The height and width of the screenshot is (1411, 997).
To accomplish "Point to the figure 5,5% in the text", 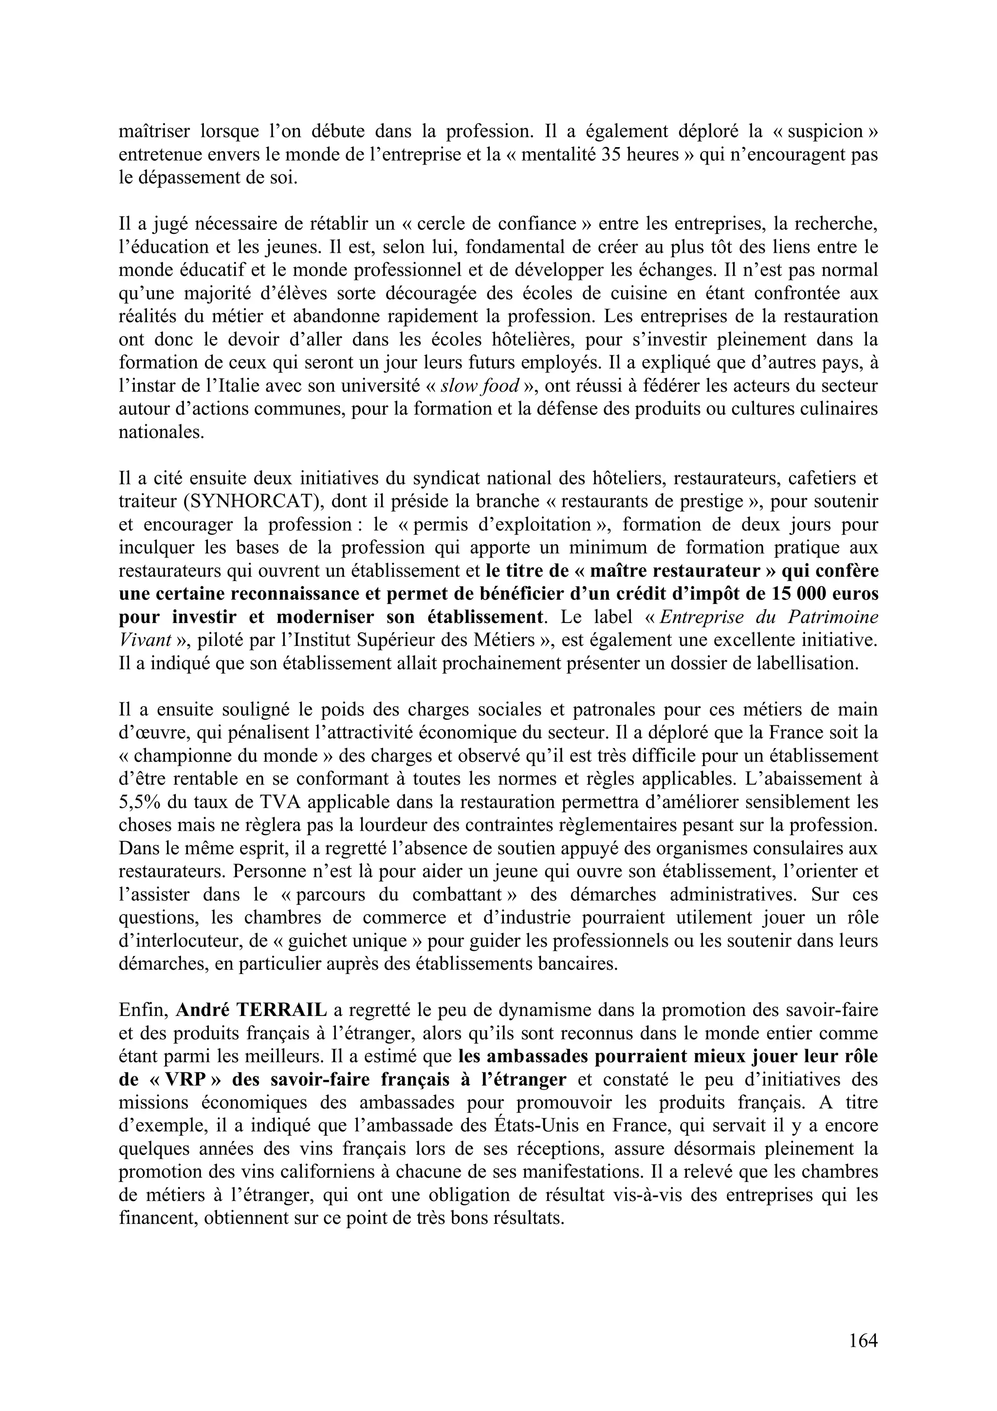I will click(139, 801).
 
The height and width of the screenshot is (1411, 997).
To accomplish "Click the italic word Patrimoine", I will click(838, 617).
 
